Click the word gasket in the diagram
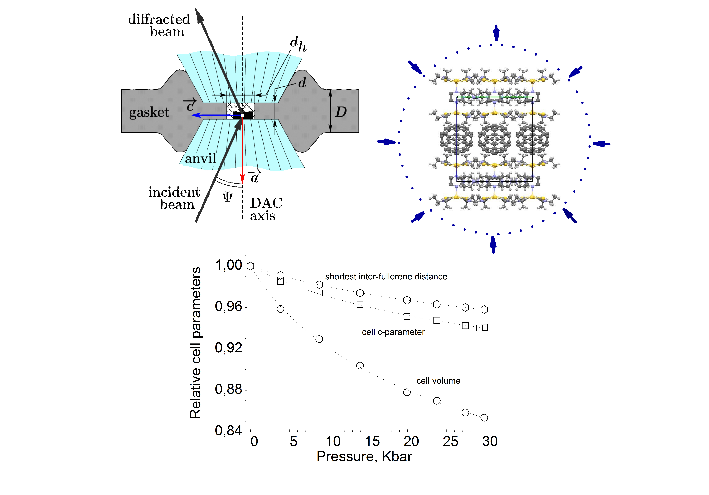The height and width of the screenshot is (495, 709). (x=149, y=112)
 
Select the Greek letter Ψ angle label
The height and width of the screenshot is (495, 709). (x=228, y=196)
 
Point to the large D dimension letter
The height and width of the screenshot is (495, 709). (x=341, y=112)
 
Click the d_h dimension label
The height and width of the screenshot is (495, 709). (x=298, y=44)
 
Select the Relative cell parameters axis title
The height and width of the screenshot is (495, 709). (x=196, y=343)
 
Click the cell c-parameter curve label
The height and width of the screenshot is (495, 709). (x=393, y=332)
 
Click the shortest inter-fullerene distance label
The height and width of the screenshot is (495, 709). (x=386, y=277)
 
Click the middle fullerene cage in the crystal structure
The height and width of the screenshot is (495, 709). (x=494, y=139)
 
